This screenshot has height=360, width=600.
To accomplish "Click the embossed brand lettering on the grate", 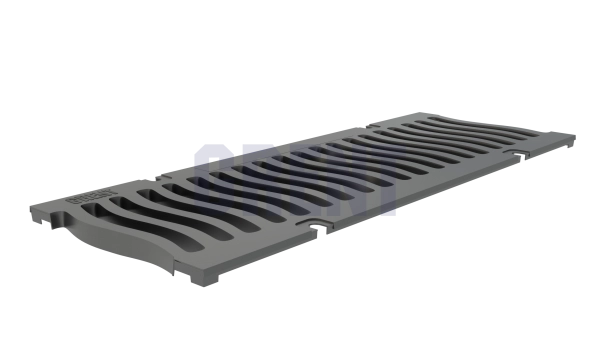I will [79, 199].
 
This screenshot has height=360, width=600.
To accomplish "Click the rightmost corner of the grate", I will [575, 132].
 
